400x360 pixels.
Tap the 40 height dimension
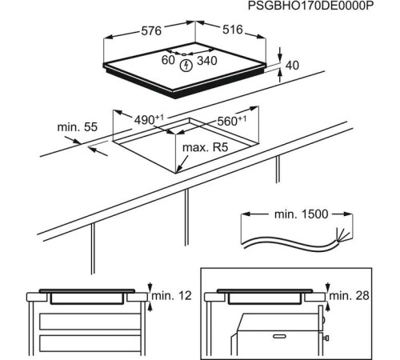coord(292,65)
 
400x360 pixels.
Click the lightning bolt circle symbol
coord(186,64)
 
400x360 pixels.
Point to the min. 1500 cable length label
coord(296,216)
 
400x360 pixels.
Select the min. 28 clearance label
coord(350,297)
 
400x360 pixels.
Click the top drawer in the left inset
coord(88,322)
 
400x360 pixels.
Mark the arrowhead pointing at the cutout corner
coord(181,169)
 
